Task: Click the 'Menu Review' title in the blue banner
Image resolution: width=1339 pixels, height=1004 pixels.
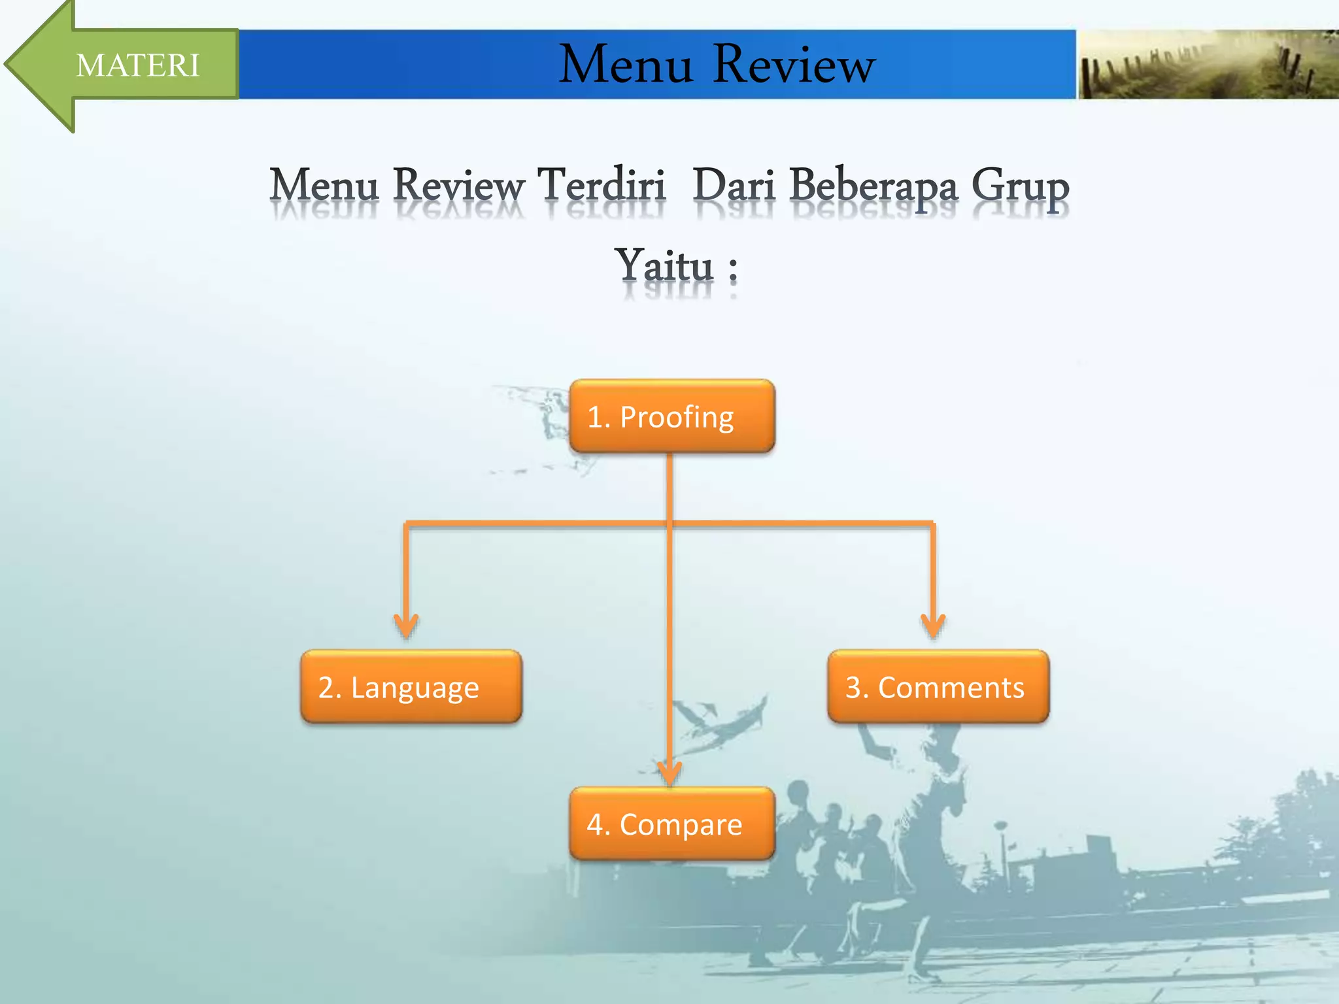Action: coord(717,64)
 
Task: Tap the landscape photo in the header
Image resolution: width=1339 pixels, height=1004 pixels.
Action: coord(1207,65)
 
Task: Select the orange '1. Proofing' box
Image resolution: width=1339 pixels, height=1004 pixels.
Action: coord(672,416)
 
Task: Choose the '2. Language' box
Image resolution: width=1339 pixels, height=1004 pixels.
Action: coord(411,686)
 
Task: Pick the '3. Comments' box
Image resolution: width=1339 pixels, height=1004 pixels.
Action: coord(938,686)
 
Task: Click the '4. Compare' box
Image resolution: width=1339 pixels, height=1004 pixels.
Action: coord(672,824)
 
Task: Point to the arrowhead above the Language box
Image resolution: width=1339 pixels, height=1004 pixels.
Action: coord(406,626)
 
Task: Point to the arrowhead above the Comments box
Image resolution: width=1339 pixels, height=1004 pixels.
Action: coord(933,626)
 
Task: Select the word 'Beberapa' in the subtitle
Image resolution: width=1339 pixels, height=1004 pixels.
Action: coord(873,186)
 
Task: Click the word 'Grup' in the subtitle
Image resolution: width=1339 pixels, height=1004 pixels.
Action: coord(1020,186)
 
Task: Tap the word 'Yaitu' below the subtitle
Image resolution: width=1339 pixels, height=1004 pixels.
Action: coord(664,266)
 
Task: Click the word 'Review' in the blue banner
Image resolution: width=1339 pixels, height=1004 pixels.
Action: coord(794,64)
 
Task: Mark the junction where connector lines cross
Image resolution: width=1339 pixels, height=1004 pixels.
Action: coord(669,524)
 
